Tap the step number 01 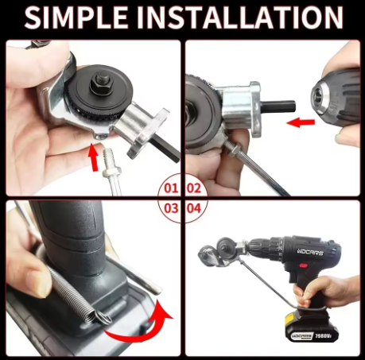(169, 188)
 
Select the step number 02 (193, 188)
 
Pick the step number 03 (169, 208)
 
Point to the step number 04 (193, 208)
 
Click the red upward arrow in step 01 (95, 157)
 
